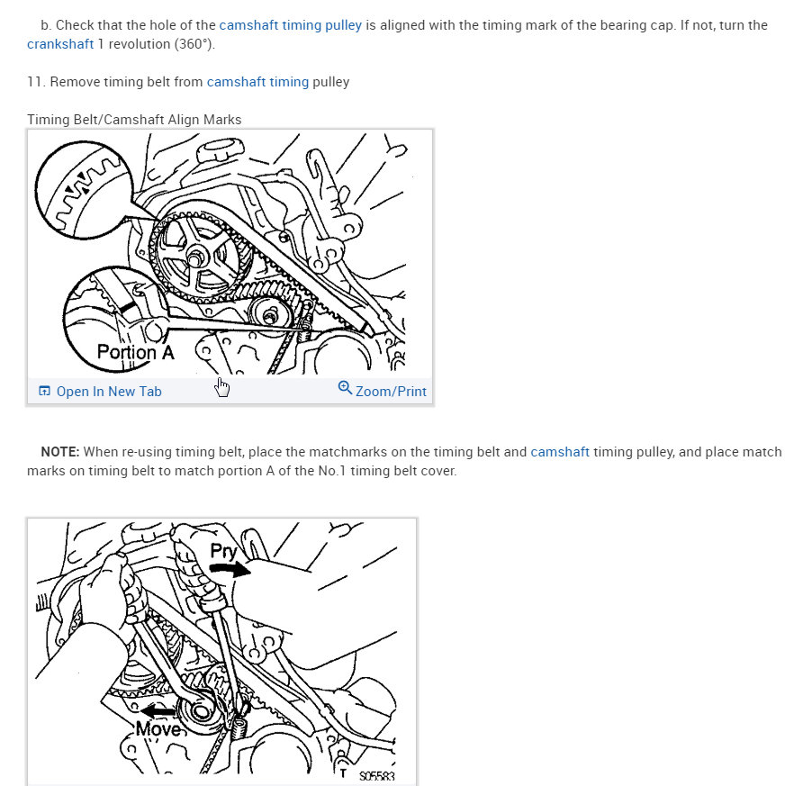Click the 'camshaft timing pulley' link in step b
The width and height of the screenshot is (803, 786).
(291, 25)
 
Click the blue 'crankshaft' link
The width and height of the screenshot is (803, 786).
(60, 44)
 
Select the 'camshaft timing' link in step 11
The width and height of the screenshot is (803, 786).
(257, 82)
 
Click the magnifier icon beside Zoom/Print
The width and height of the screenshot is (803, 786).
(345, 388)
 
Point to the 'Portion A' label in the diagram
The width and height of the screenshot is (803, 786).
(136, 352)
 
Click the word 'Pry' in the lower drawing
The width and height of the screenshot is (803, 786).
(224, 552)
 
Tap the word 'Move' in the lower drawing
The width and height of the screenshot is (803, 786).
(158, 729)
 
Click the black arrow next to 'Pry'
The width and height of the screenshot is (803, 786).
(230, 568)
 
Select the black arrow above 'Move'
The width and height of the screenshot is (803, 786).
(158, 711)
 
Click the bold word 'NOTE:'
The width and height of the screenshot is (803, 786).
(60, 452)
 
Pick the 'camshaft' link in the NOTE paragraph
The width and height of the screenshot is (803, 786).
(560, 452)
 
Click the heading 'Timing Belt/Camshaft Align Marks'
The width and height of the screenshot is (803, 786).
(134, 120)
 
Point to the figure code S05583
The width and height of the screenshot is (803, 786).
(376, 776)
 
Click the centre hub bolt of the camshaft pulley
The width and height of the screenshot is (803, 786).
(194, 258)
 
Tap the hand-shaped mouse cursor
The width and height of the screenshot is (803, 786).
(221, 387)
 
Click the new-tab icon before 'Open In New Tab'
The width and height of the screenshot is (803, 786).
(44, 392)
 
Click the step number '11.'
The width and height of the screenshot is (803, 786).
(36, 82)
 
